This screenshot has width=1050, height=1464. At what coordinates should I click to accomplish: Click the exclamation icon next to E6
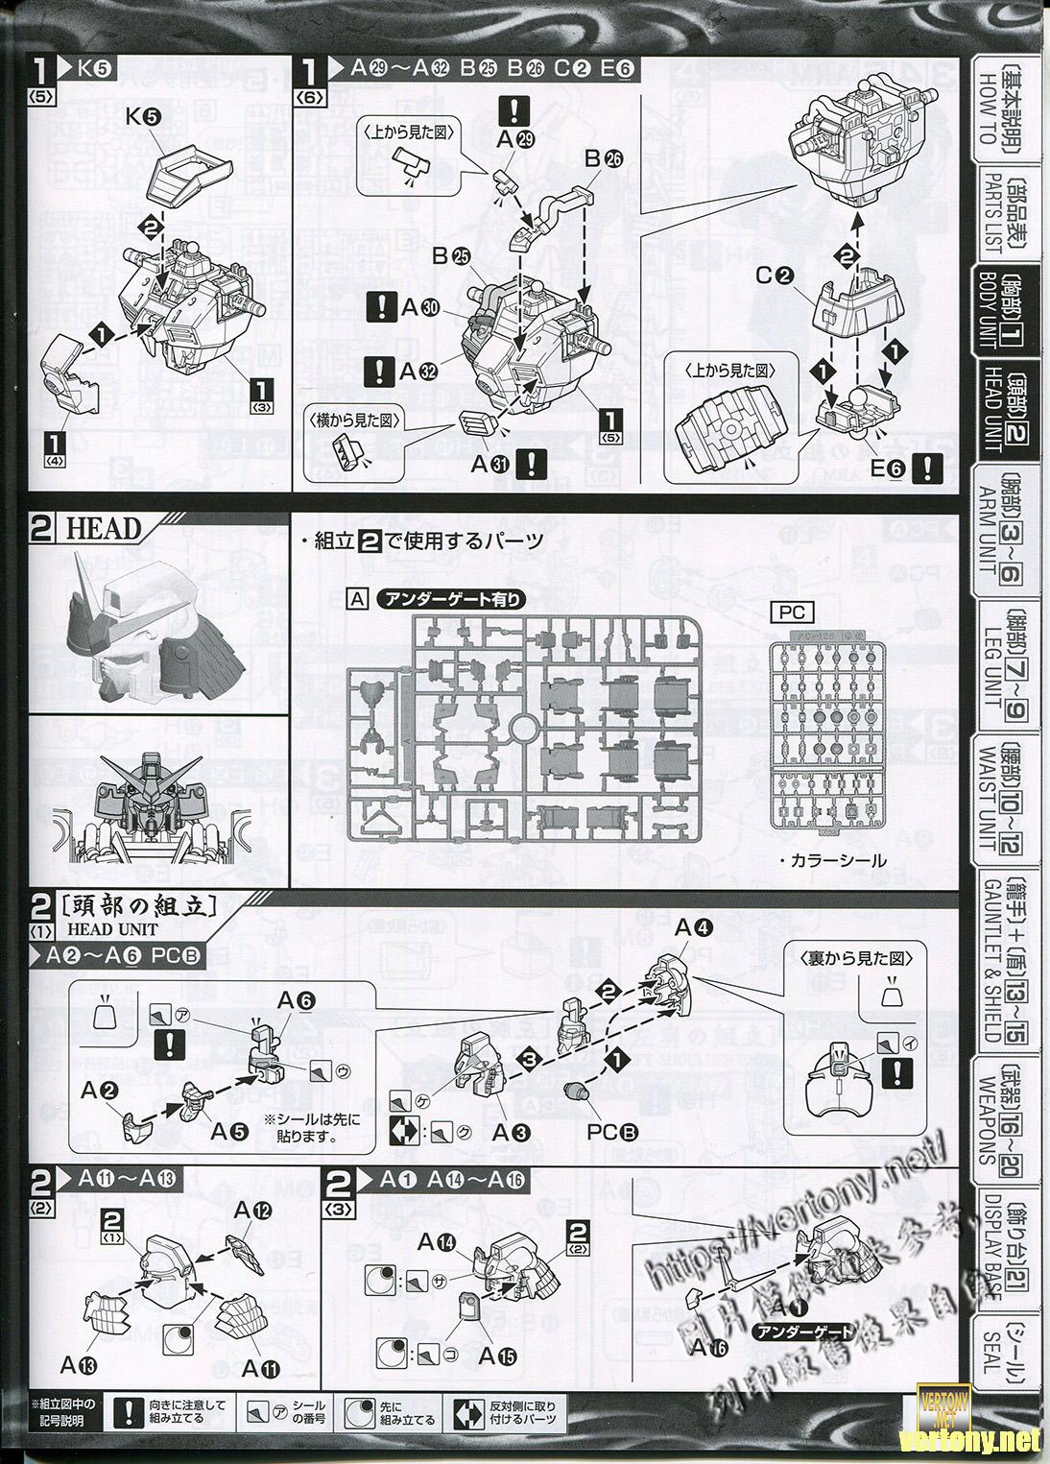pyautogui.click(x=924, y=468)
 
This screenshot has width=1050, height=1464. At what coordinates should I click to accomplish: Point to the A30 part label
pyautogui.click(x=419, y=308)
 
